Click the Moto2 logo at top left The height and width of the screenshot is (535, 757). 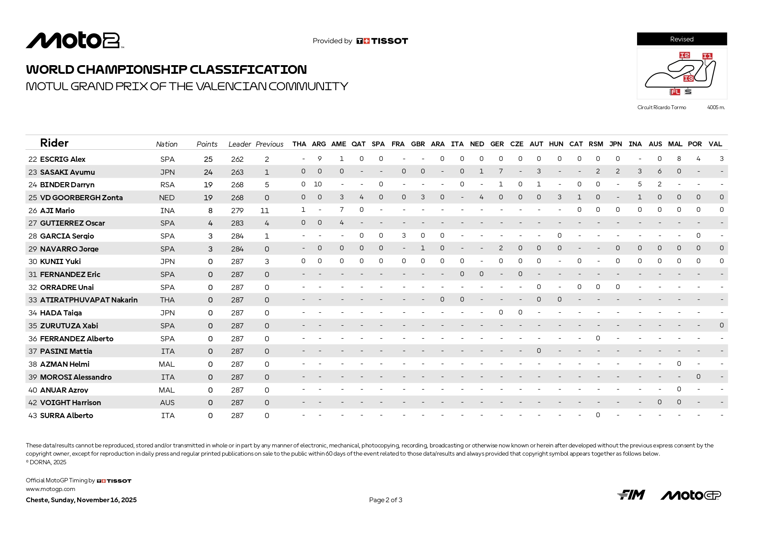coord(75,41)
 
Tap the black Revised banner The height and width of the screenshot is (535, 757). coord(682,39)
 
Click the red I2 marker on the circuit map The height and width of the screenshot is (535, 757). coord(684,55)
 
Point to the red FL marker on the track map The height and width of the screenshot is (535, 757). coord(675,92)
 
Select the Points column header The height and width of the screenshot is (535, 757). coord(207,144)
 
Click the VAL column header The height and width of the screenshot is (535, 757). coord(715,144)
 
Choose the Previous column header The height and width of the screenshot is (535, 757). coord(270,144)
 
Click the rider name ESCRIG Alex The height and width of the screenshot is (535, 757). coord(63,159)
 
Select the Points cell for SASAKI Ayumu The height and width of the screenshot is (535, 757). coord(208,172)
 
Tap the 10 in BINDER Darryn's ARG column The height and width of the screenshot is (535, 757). coord(318,184)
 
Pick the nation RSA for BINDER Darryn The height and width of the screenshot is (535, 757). coord(167,185)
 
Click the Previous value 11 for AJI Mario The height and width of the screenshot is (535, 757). coord(265,211)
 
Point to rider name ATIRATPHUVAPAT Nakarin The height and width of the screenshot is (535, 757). coord(89,300)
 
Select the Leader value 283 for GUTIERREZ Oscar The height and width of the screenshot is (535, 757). coord(237,223)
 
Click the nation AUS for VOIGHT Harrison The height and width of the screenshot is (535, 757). coord(167,403)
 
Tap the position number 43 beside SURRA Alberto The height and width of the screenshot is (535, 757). coord(32,415)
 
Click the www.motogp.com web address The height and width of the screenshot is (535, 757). coord(50,489)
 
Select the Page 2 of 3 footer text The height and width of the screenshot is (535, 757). coord(386,500)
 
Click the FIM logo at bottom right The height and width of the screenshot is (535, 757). coord(631,495)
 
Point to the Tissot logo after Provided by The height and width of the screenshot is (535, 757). coord(382,41)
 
